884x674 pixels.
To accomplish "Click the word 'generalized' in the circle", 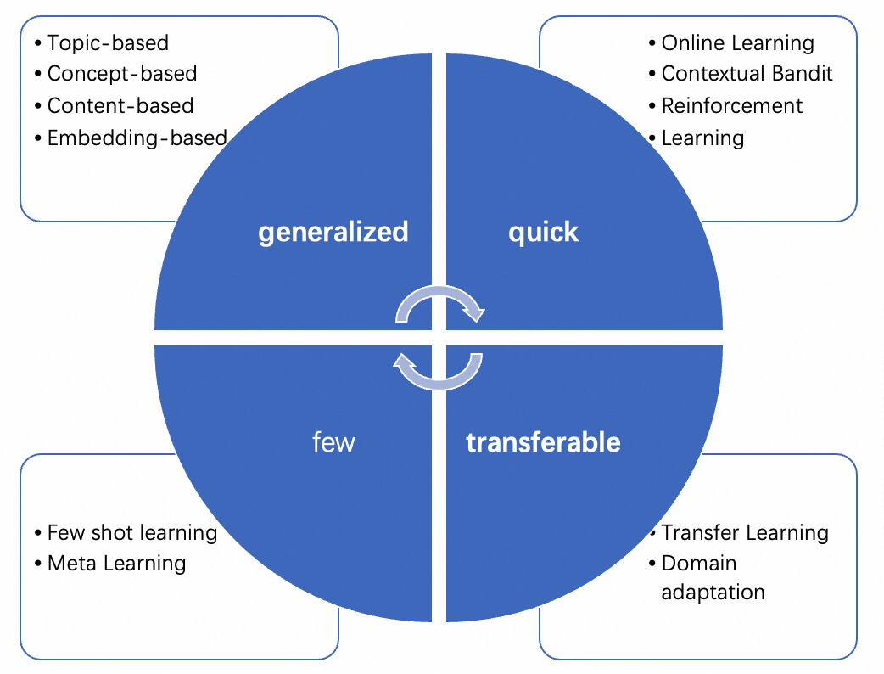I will point(333,232).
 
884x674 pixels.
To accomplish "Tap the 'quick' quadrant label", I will point(543,232).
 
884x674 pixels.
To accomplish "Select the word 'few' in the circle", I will point(333,442).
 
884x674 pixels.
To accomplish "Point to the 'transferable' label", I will point(543,442).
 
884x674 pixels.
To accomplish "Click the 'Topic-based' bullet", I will point(108,42).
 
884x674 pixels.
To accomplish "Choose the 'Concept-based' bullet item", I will point(121,74).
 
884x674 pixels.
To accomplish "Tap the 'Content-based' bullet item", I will point(120,106).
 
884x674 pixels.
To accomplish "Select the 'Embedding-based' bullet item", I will point(137,138).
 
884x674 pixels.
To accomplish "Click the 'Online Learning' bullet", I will point(737,42).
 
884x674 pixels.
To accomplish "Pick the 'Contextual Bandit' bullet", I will point(747,74).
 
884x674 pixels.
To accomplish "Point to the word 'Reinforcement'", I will point(732,106).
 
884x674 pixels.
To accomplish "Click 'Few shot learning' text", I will point(131,533).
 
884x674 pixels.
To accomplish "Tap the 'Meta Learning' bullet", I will point(116,563).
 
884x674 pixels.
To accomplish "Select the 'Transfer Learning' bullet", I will point(745,533).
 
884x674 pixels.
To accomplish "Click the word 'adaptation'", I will point(713,592).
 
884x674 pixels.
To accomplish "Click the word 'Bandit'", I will point(803,74).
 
